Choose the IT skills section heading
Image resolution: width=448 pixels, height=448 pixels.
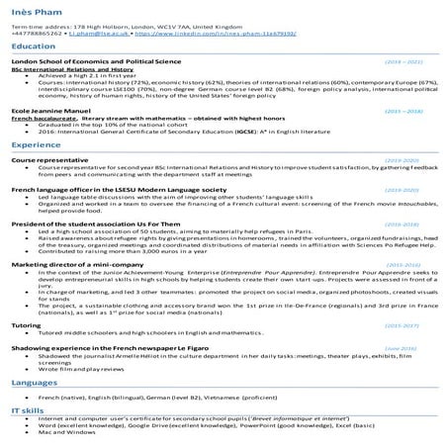[28, 408]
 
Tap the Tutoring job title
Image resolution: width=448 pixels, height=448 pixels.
[26, 324]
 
